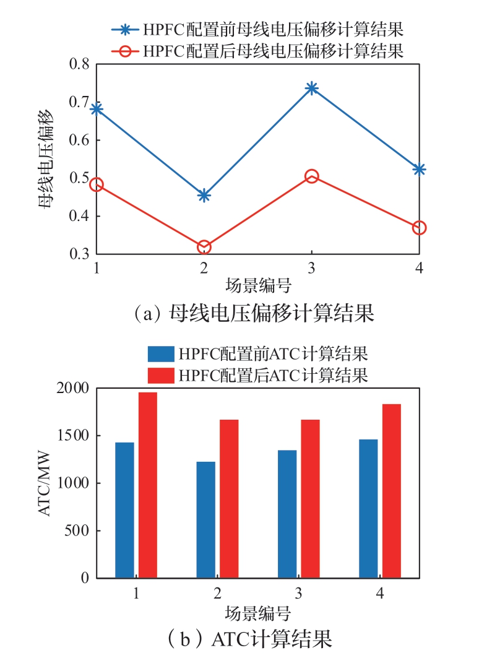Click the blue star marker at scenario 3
[311, 88]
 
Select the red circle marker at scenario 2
[204, 248]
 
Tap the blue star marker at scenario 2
[204, 196]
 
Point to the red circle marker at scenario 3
[311, 176]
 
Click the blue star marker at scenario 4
[419, 169]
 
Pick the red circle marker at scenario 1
[97, 184]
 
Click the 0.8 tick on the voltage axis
[81, 64]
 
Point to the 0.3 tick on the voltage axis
[81, 254]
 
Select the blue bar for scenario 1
[124, 510]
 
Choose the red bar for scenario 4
[392, 491]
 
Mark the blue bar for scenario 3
[287, 514]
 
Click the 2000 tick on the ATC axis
[74, 388]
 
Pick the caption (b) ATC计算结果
[254, 638]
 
